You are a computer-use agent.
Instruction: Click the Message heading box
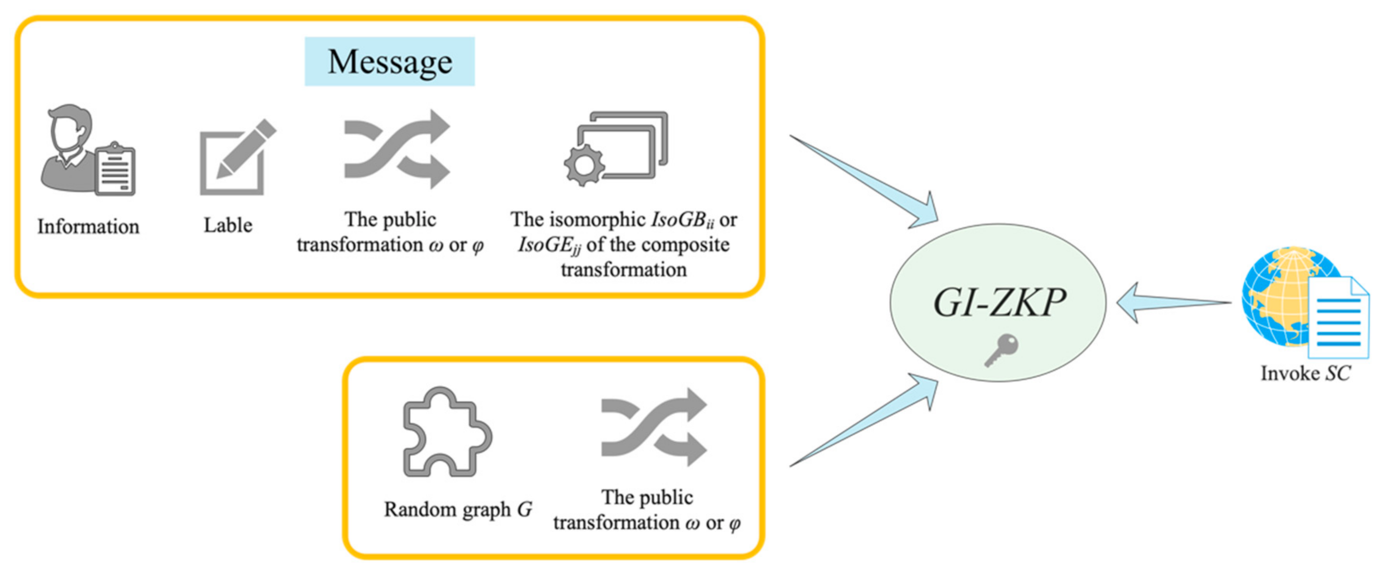390,61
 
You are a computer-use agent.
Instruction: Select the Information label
88,227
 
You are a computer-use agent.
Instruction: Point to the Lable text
228,225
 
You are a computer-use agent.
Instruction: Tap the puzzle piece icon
446,433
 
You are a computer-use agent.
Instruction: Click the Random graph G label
458,509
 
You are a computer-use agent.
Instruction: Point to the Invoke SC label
1305,373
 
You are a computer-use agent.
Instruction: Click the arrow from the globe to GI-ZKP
1171,303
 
